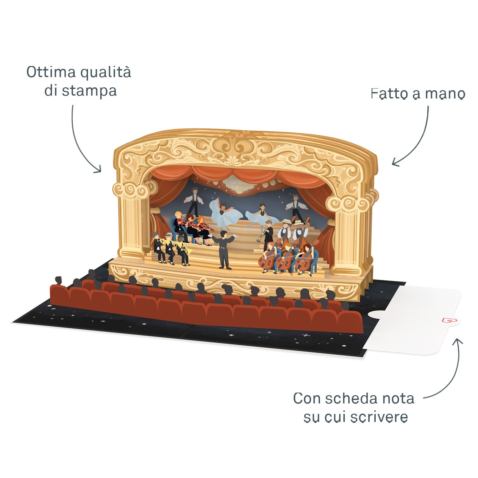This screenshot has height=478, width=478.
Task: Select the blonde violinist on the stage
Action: (178, 223)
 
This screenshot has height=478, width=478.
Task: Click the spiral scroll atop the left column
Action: (131, 190)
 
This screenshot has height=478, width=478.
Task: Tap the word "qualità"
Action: (105, 73)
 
